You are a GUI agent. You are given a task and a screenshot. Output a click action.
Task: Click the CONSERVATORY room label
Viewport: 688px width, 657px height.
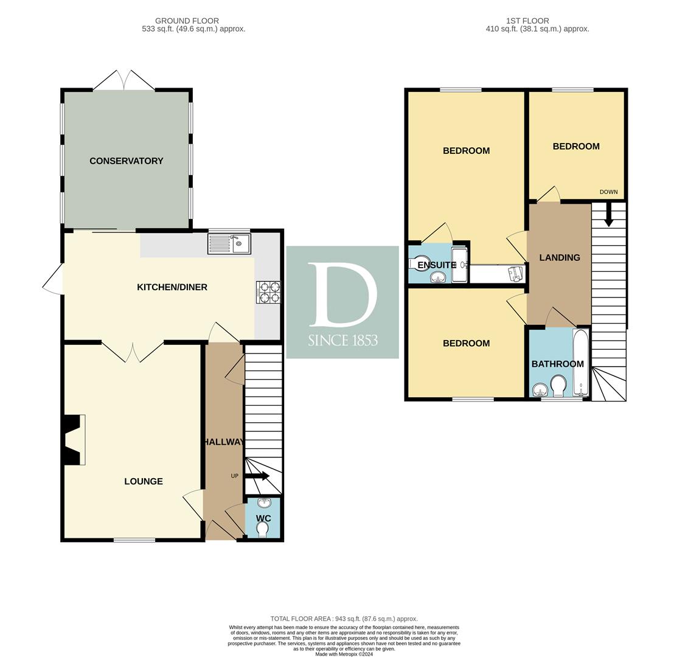point(127,161)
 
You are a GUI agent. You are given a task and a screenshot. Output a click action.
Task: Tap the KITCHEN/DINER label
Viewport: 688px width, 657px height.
point(172,287)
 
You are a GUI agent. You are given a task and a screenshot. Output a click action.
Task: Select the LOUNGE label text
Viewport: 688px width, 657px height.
point(144,481)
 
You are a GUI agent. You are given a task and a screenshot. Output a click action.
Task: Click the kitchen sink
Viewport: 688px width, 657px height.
point(229,244)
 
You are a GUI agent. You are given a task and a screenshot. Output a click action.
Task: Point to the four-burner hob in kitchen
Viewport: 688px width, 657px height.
point(268,292)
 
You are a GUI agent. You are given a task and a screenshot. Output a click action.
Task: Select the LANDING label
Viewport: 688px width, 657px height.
point(560,257)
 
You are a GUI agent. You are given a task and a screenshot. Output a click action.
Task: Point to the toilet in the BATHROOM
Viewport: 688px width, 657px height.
point(558,386)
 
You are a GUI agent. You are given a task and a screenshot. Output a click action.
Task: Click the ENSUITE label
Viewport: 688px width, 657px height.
point(437,265)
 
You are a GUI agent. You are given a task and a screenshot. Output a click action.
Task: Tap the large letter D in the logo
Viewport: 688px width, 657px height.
point(342,295)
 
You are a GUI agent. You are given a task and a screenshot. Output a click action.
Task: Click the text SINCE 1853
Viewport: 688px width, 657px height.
point(342,340)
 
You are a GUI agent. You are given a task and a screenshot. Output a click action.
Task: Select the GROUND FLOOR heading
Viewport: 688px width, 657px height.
point(187,21)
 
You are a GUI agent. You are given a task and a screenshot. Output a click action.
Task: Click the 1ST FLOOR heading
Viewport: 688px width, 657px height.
point(527,21)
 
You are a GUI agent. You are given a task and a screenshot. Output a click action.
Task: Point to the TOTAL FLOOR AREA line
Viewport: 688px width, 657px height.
point(344,619)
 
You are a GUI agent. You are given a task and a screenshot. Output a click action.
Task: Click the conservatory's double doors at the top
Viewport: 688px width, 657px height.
point(123,80)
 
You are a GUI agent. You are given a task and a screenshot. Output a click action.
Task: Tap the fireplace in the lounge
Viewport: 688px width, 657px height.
point(74,439)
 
